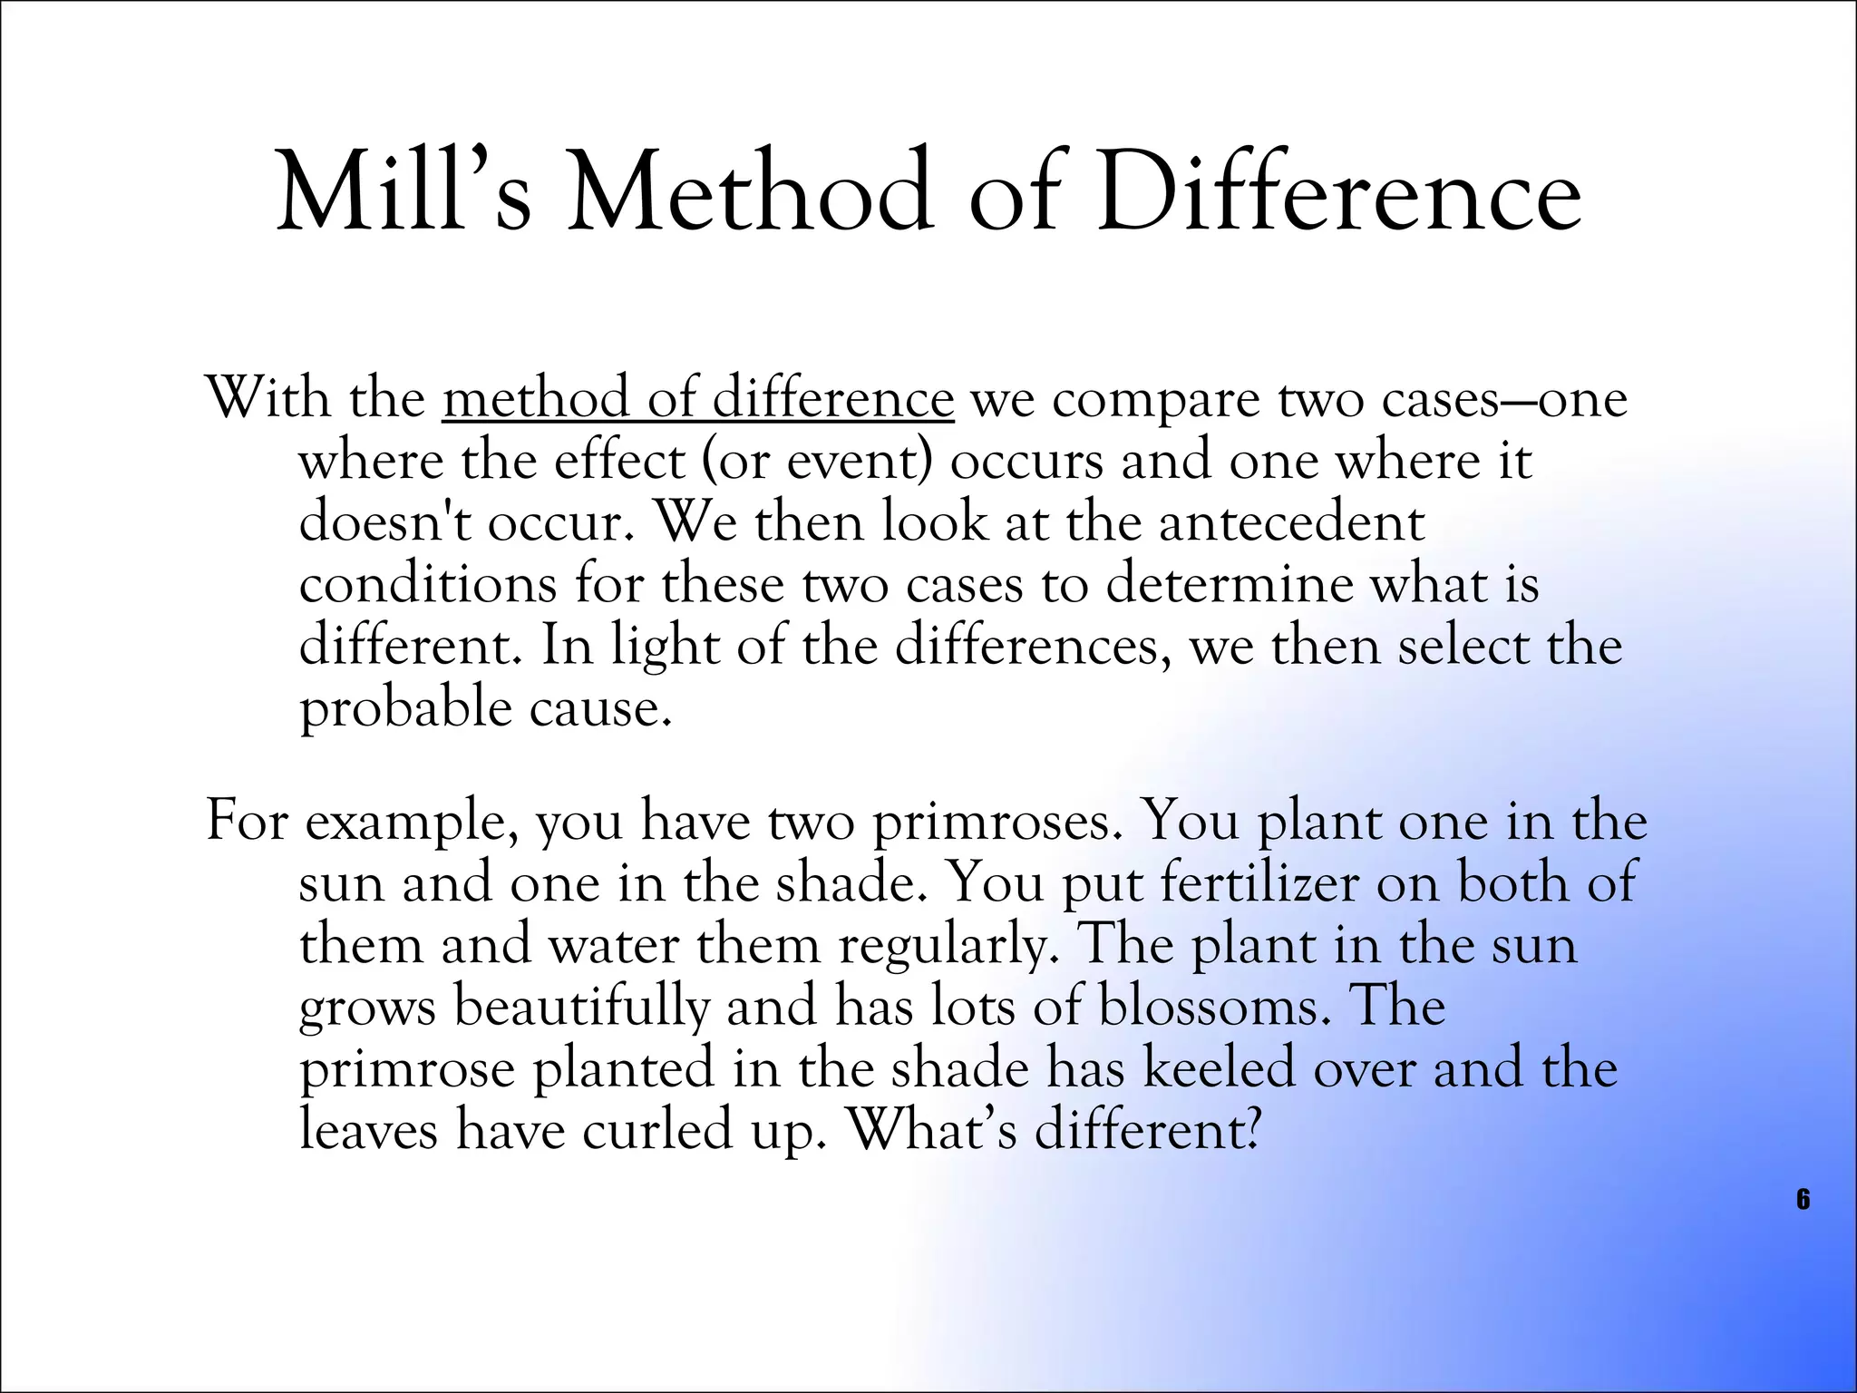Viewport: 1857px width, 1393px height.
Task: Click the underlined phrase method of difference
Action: pos(698,399)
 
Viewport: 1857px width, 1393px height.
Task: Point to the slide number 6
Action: pos(1803,1200)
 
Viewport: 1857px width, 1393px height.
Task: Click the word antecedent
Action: pos(1291,523)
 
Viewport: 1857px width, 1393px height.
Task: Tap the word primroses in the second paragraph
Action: pos(993,822)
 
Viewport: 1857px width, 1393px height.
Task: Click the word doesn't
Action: pos(384,523)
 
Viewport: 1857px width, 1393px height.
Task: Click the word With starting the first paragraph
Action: pos(268,399)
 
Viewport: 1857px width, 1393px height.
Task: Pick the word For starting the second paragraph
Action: pos(247,822)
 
